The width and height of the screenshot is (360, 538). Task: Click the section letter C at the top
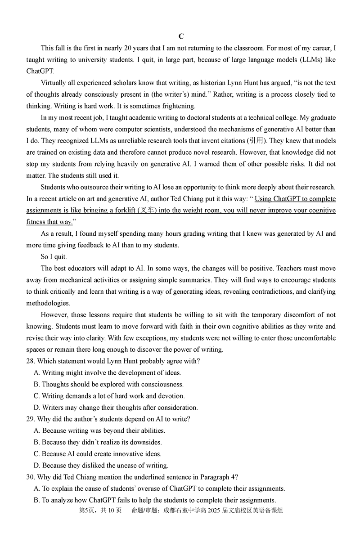pos(181,36)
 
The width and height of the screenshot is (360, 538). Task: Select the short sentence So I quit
pos(54,257)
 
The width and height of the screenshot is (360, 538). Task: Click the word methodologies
pos(48,303)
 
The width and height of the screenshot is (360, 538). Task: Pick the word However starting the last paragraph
pos(53,315)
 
